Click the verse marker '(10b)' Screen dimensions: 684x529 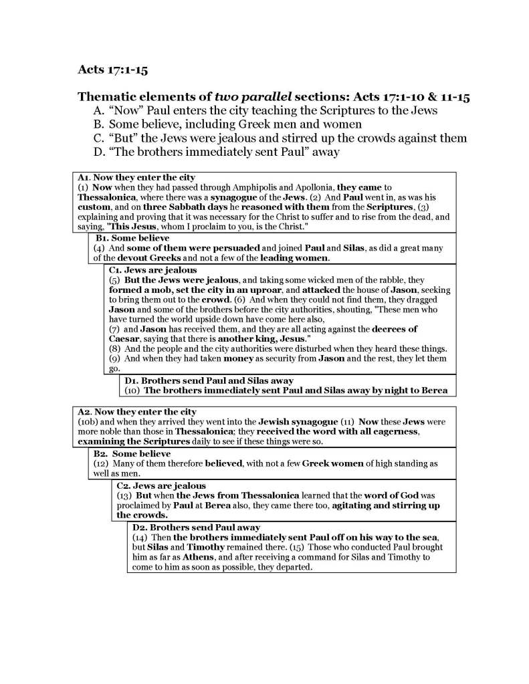pos(90,422)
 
